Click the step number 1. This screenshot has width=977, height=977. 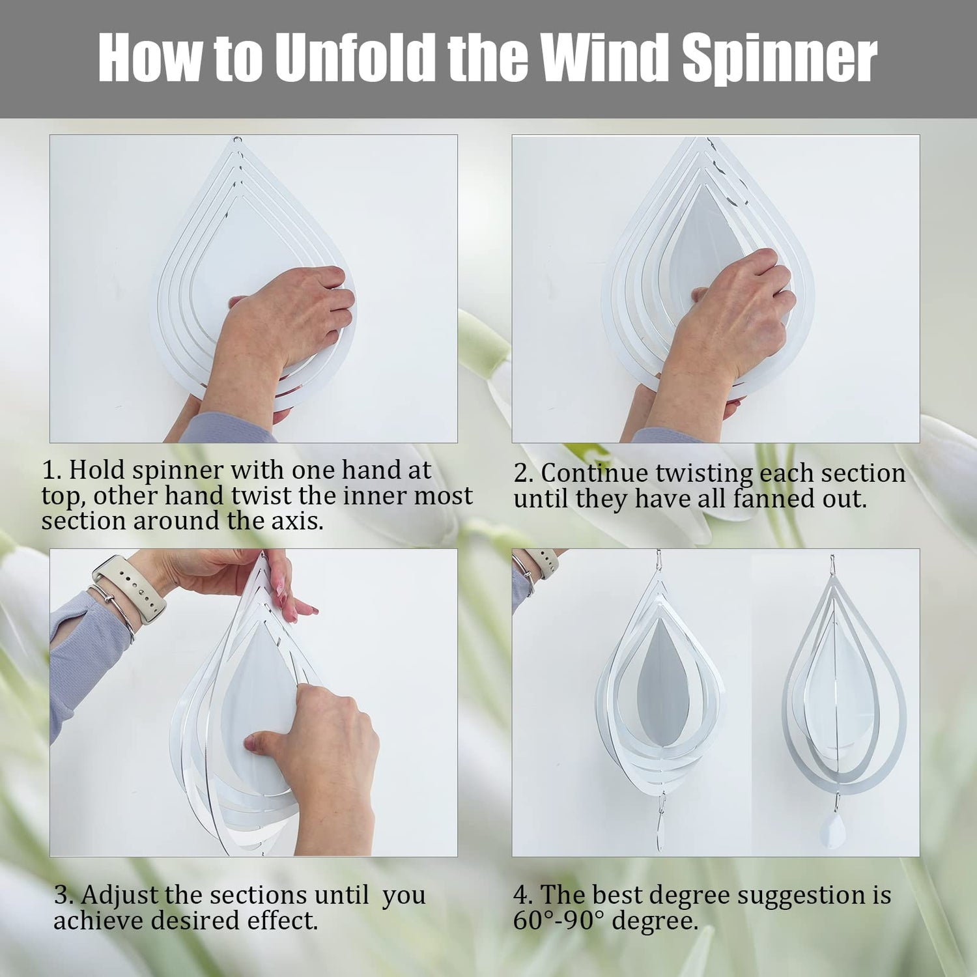[51, 470]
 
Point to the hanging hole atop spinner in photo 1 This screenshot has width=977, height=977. [238, 139]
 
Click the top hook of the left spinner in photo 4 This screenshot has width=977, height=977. [658, 560]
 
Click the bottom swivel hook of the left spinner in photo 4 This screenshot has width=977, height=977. [660, 823]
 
